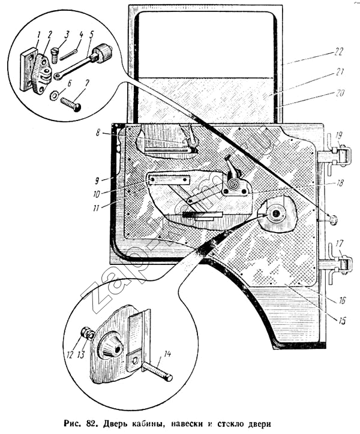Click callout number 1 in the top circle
tap(38, 36)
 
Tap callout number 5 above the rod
tap(91, 35)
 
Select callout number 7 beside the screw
tap(87, 84)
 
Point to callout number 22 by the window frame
tap(338, 52)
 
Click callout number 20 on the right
tap(340, 93)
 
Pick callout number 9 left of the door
tap(97, 181)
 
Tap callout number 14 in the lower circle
tap(167, 354)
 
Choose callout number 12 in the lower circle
tap(70, 354)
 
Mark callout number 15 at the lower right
tap(342, 321)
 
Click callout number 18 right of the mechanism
tap(340, 183)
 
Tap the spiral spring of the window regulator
tap(233, 184)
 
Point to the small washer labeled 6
tap(54, 96)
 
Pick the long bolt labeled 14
tap(157, 372)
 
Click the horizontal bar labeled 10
tap(169, 180)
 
